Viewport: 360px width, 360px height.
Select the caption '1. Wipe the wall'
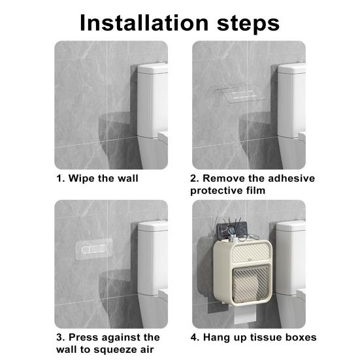(96, 178)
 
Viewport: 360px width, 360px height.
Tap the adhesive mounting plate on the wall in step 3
(93, 250)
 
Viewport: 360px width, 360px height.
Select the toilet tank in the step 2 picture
(292, 98)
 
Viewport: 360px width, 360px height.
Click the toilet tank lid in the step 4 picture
(291, 225)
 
